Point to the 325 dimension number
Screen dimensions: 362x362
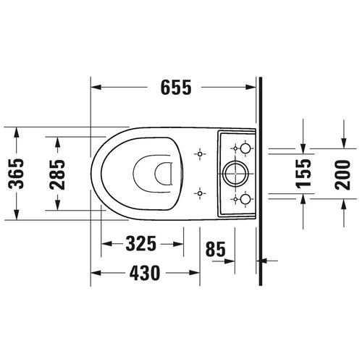[140, 244]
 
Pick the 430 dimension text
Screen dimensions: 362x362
[144, 274]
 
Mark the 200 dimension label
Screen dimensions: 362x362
[345, 173]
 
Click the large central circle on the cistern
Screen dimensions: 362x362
[237, 173]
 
